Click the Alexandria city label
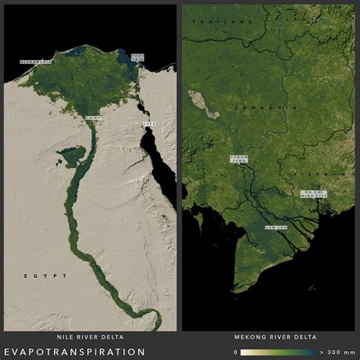coord(36,61)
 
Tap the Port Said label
coord(137,58)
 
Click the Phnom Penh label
coord(238,159)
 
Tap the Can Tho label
coord(276,228)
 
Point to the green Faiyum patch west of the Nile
coord(71,157)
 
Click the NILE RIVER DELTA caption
coord(90,336)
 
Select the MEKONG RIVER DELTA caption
coord(270,336)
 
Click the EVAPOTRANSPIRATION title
coord(74,352)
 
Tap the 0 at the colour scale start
coord(236,352)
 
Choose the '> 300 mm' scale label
coord(339,352)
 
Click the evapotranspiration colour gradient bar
coord(278,352)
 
